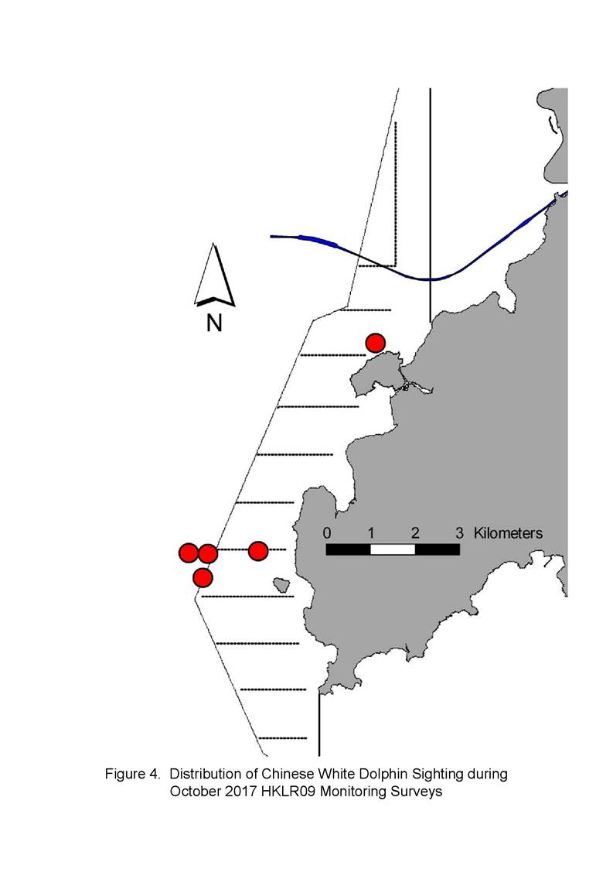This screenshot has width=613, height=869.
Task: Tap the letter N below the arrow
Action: (214, 323)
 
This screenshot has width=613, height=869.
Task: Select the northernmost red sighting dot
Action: (376, 343)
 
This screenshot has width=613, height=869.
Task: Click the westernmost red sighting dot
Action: (189, 553)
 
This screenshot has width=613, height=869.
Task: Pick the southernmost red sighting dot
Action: (203, 577)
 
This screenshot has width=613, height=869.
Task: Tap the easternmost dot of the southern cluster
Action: (259, 551)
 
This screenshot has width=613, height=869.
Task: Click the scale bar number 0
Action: (327, 533)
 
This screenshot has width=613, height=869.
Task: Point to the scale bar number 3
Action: (459, 533)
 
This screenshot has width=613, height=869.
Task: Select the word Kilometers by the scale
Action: (508, 533)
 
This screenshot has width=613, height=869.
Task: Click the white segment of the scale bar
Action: (393, 549)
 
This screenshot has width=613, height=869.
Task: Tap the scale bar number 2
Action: (415, 533)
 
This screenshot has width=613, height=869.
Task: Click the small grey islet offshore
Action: (282, 585)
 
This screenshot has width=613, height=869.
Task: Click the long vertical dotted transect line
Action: (396, 194)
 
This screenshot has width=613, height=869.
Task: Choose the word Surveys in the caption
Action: (417, 792)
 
